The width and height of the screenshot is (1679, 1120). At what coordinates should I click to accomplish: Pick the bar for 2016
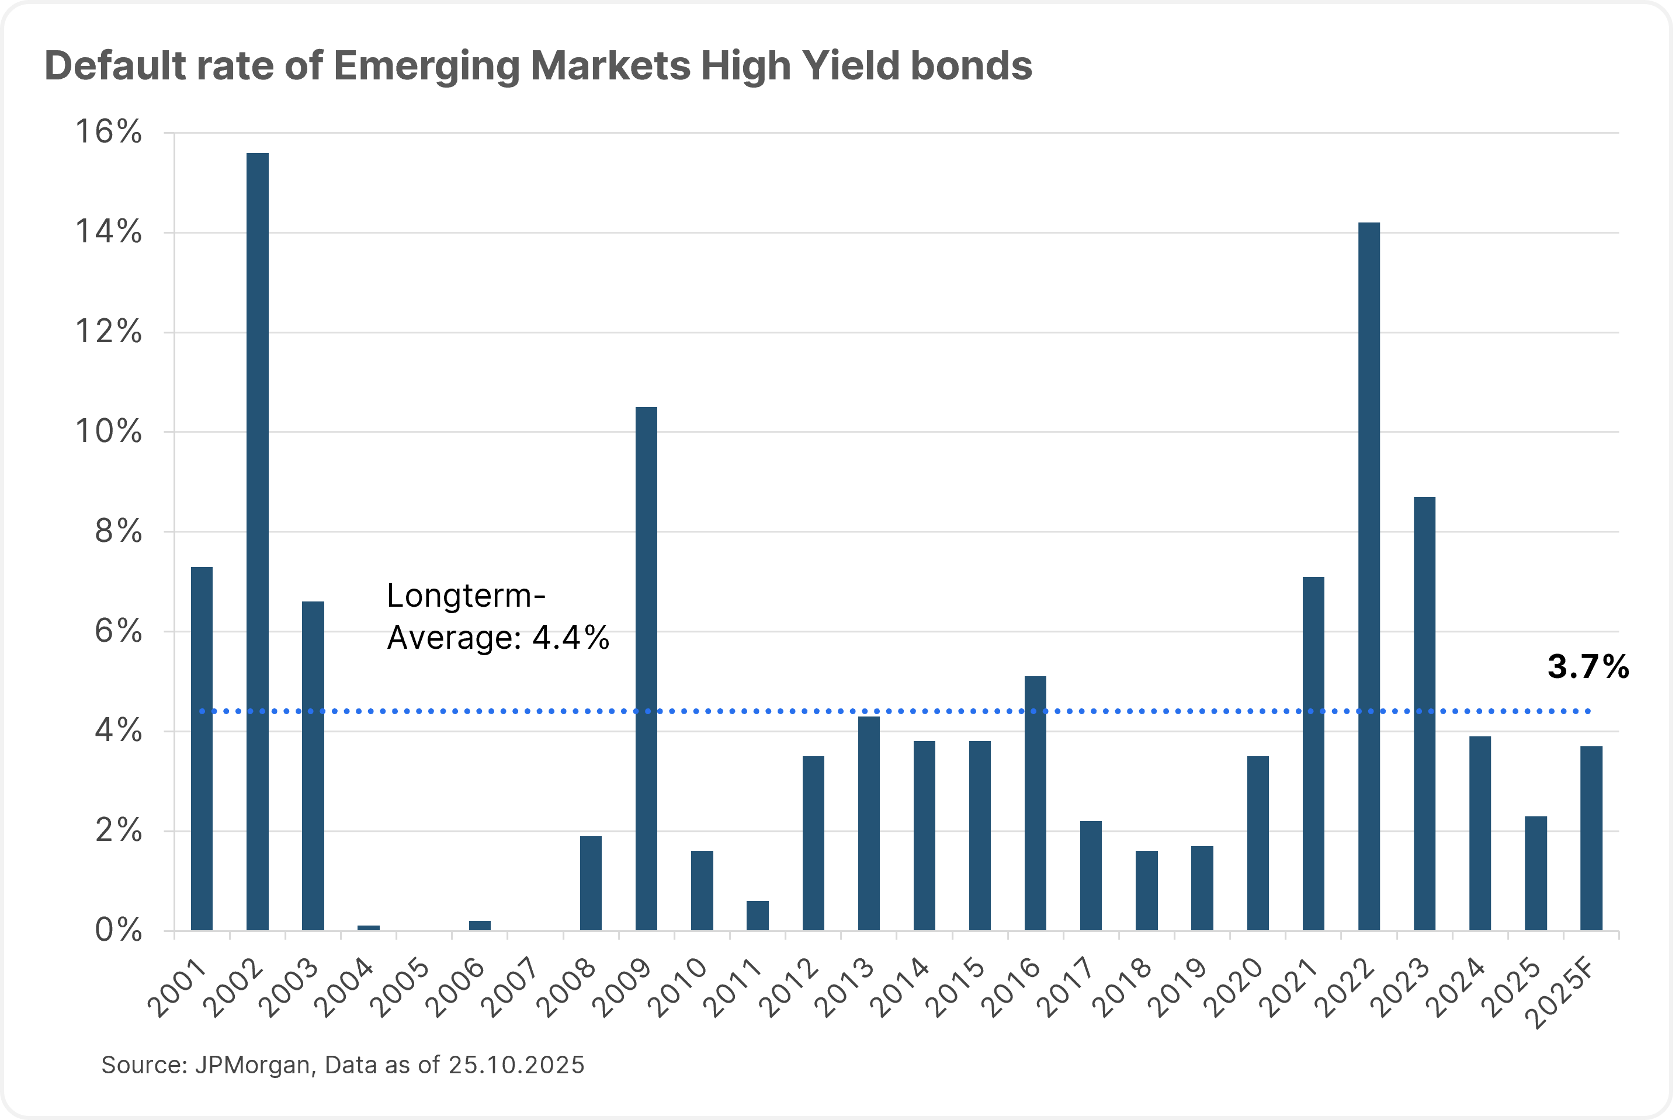(x=1035, y=803)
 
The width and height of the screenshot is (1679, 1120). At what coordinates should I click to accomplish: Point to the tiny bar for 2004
(x=369, y=927)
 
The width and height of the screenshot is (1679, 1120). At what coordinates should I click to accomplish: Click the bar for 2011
(x=757, y=915)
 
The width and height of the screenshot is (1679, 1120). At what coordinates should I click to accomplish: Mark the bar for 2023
(x=1425, y=714)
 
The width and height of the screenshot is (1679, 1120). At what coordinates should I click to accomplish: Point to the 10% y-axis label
(x=109, y=432)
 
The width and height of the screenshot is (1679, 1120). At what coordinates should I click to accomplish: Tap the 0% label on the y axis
(x=118, y=931)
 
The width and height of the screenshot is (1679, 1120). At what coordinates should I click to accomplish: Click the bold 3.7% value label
(x=1587, y=666)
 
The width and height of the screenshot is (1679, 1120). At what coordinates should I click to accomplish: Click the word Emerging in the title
(x=426, y=67)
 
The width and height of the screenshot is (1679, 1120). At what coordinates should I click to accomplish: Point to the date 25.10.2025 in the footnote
(x=516, y=1065)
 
